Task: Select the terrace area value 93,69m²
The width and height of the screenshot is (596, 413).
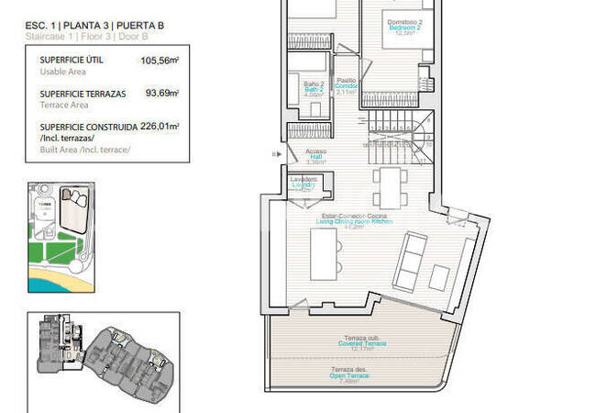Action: [161, 93]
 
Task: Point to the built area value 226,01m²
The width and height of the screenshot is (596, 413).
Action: [160, 127]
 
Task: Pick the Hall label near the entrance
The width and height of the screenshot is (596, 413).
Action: [315, 158]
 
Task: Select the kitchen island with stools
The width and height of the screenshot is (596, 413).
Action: [323, 253]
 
